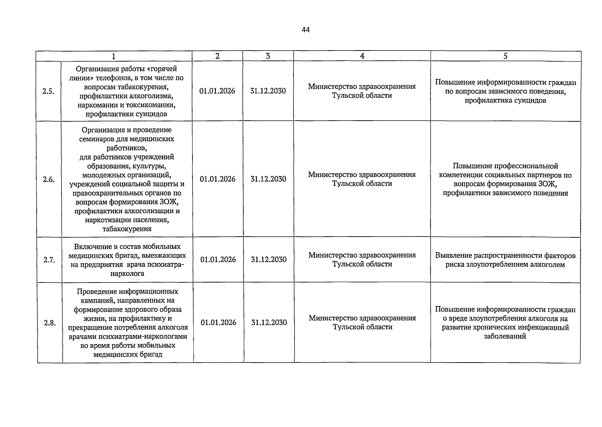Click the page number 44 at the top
(x=306, y=30)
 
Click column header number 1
(x=113, y=56)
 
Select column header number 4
(x=362, y=56)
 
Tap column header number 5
(x=505, y=56)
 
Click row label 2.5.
(x=48, y=91)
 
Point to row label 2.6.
(x=49, y=179)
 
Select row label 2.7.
(x=49, y=260)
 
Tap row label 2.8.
(x=50, y=323)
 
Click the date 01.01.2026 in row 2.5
(x=217, y=91)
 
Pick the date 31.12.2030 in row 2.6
(x=268, y=179)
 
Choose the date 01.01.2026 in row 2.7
(x=218, y=259)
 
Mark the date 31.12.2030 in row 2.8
(x=269, y=322)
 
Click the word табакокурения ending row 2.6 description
(x=127, y=229)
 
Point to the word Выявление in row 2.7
(x=453, y=255)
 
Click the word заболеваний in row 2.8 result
(x=505, y=336)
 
